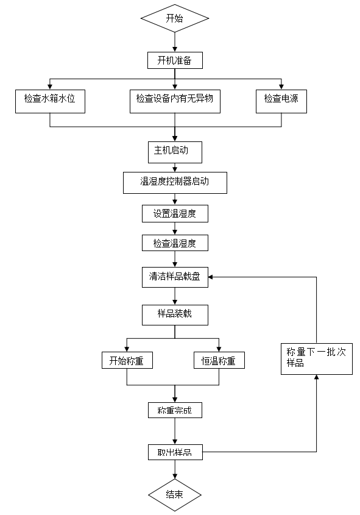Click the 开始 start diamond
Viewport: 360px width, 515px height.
pyautogui.click(x=175, y=18)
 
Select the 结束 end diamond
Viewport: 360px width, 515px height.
pyautogui.click(x=175, y=495)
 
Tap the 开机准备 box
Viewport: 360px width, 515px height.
pyautogui.click(x=175, y=60)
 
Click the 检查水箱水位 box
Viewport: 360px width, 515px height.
pyautogui.click(x=50, y=102)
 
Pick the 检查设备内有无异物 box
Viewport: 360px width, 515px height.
pyautogui.click(x=175, y=102)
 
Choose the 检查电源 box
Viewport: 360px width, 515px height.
pyautogui.click(x=281, y=102)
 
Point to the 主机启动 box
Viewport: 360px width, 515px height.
pyautogui.click(x=175, y=152)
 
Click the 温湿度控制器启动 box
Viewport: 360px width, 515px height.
pyautogui.click(x=175, y=183)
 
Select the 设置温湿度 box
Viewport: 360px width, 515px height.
pyautogui.click(x=175, y=214)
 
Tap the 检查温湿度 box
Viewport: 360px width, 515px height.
pyautogui.click(x=175, y=243)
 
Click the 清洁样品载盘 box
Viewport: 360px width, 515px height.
pyautogui.click(x=175, y=277)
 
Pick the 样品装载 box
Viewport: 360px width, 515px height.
pyautogui.click(x=175, y=315)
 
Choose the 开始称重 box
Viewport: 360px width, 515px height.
pyautogui.click(x=127, y=360)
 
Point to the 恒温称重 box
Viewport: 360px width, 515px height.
pyautogui.click(x=219, y=360)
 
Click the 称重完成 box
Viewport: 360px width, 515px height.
pyautogui.click(x=175, y=410)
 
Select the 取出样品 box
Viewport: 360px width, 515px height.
pyautogui.click(x=175, y=452)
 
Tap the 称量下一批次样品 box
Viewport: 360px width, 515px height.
pyautogui.click(x=317, y=359)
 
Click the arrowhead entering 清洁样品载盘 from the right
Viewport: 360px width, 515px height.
pyautogui.click(x=211, y=277)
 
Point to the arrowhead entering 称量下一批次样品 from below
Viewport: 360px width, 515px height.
pyautogui.click(x=316, y=377)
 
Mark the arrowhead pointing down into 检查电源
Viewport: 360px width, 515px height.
pyautogui.click(x=281, y=87)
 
